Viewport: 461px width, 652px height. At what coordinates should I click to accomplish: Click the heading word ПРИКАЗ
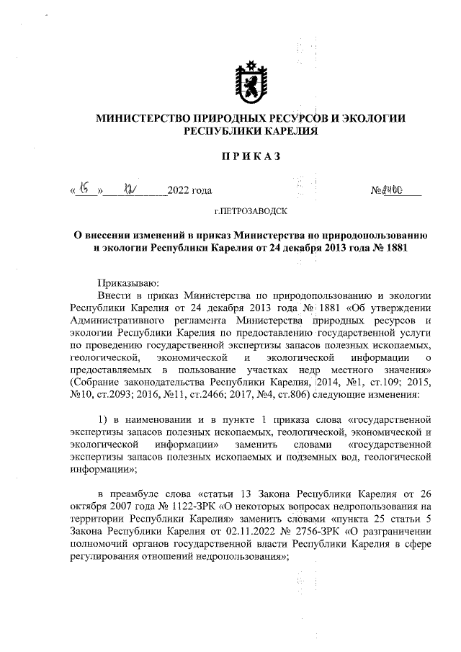(x=251, y=157)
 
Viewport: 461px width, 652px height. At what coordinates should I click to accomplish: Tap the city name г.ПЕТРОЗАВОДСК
(x=251, y=212)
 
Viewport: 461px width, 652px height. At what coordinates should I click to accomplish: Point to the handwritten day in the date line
(x=84, y=190)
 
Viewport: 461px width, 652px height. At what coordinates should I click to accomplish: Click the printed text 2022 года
(x=189, y=192)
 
